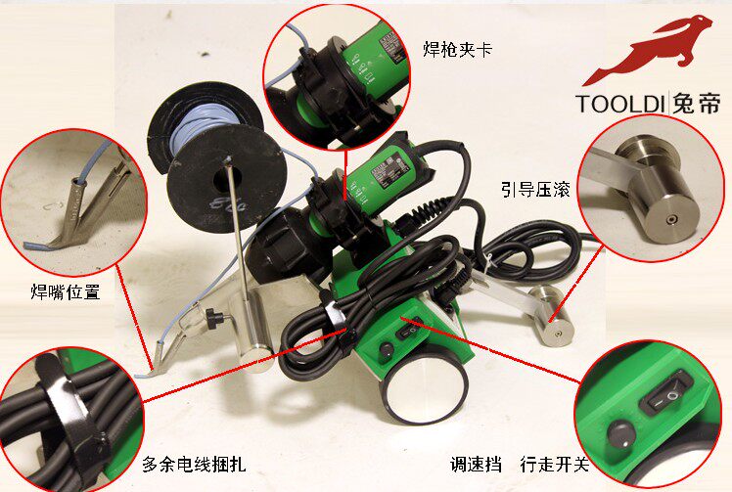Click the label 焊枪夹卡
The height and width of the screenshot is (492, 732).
(x=456, y=47)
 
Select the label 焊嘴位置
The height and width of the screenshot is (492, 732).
(x=66, y=291)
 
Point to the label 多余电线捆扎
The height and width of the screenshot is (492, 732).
(x=193, y=465)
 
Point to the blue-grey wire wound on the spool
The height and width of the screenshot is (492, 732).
(x=200, y=132)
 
